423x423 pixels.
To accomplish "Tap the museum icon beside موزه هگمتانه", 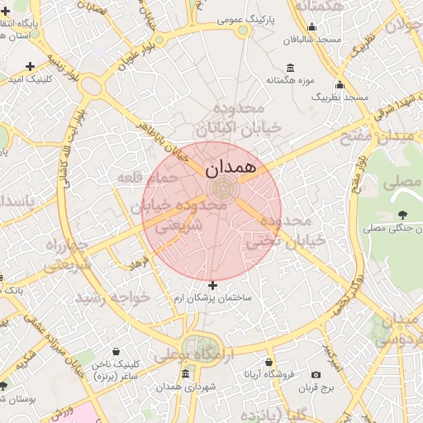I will (290, 68).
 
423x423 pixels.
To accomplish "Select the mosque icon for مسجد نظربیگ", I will (340, 85).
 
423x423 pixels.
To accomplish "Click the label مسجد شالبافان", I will (313, 40).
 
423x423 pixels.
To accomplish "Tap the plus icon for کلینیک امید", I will (31, 66).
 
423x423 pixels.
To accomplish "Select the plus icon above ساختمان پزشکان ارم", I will (212, 285).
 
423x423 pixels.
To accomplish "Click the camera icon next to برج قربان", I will (316, 374).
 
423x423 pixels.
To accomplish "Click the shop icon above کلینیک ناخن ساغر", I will (115, 352).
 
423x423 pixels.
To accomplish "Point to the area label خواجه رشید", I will (111, 297).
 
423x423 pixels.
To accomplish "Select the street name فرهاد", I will (137, 263).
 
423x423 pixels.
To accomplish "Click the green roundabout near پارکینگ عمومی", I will (243, 31).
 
